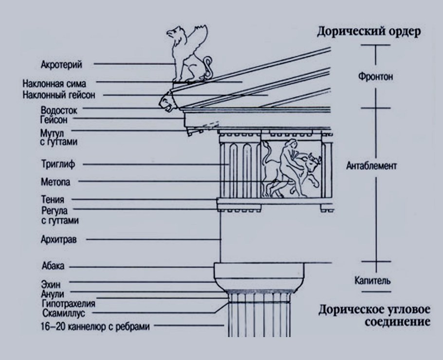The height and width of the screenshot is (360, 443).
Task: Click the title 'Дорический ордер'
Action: click(369, 33)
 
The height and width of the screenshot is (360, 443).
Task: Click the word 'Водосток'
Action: click(59, 110)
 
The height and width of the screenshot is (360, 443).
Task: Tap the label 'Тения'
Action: click(53, 199)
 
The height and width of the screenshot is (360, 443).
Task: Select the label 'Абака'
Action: click(53, 267)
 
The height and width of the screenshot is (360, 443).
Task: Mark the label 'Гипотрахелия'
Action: click(68, 304)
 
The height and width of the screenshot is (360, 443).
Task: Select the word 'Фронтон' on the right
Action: click(375, 77)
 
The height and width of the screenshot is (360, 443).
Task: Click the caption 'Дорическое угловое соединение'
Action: click(374, 316)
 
